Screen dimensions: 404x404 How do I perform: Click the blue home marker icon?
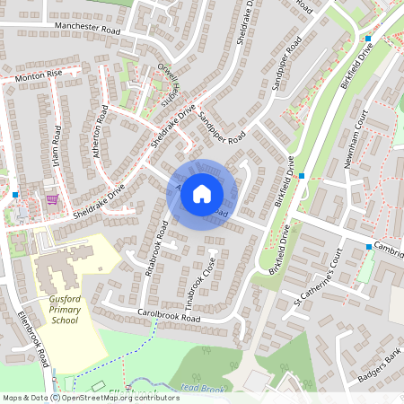(x=202, y=194)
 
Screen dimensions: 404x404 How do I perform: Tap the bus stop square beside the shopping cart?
(x=15, y=194)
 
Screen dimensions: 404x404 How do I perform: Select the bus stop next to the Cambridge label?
(x=368, y=246)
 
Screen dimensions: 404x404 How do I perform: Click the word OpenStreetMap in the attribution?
(x=99, y=397)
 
